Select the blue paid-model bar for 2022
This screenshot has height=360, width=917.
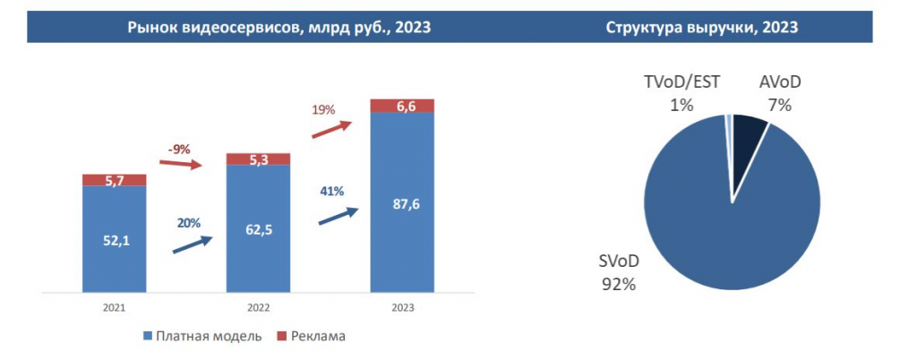point(258,251)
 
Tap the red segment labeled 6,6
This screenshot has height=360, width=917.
point(402,107)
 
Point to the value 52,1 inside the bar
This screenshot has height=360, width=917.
point(114,239)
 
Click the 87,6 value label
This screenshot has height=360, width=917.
point(402,204)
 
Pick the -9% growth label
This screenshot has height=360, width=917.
point(178,150)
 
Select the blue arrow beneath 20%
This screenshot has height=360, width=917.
point(192,244)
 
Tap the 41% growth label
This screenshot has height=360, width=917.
point(332,191)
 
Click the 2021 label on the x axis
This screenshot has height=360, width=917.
point(114,308)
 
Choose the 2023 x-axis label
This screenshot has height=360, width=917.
point(402,308)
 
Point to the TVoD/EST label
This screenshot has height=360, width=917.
point(682,83)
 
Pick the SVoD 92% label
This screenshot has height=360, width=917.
point(617,274)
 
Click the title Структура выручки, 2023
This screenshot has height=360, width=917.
point(701,28)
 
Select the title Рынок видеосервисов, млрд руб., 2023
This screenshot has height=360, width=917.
point(279,28)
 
